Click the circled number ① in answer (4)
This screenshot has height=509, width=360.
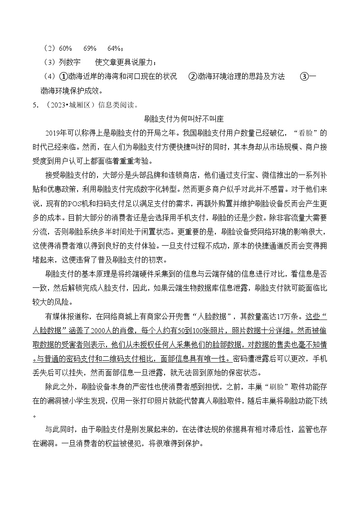[64, 77]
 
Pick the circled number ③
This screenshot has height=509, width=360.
[304, 77]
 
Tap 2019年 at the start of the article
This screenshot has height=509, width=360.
[57, 133]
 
